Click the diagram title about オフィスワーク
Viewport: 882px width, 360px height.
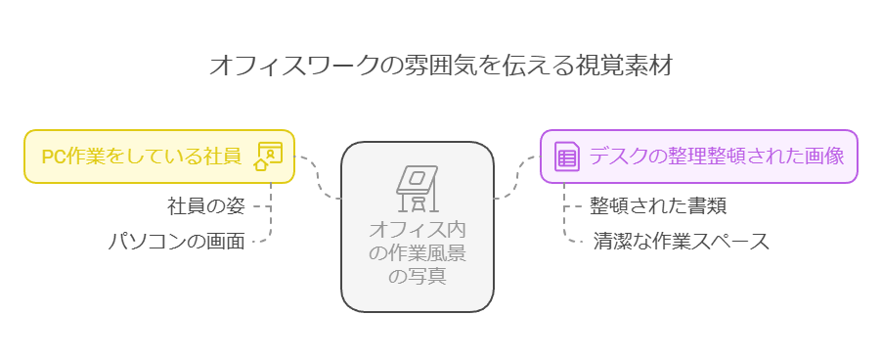[x=441, y=66]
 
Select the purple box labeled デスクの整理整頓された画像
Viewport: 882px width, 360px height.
[x=699, y=157]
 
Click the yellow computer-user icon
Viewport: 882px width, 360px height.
[x=267, y=157]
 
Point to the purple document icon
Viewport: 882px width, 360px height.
[x=566, y=157]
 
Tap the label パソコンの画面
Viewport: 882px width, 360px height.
[x=176, y=241]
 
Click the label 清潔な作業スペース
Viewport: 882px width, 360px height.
[x=682, y=241]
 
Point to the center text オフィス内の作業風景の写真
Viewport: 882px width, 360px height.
[x=417, y=252]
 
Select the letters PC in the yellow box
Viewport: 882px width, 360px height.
[x=53, y=157]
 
